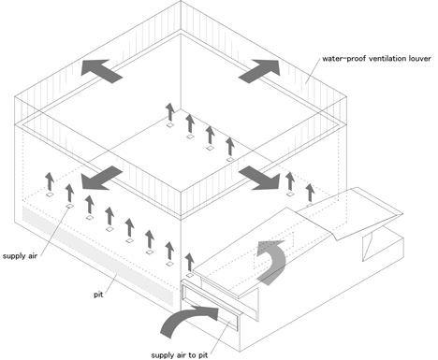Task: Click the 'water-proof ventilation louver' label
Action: [x=376, y=59]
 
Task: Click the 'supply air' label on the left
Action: [x=20, y=256]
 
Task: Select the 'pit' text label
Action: [x=98, y=295]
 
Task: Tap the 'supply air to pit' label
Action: [x=180, y=355]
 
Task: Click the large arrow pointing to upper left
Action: [x=101, y=71]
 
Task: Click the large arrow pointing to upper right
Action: [x=260, y=71]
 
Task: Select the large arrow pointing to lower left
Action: [x=101, y=178]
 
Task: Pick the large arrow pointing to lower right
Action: [x=260, y=178]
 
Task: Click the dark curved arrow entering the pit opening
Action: [x=187, y=320]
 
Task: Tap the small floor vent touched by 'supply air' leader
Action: [x=69, y=206]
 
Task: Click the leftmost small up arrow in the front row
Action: [x=50, y=181]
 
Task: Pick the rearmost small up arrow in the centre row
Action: [x=170, y=112]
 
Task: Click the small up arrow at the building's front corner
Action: [x=189, y=262]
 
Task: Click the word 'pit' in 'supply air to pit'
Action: [x=203, y=355]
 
